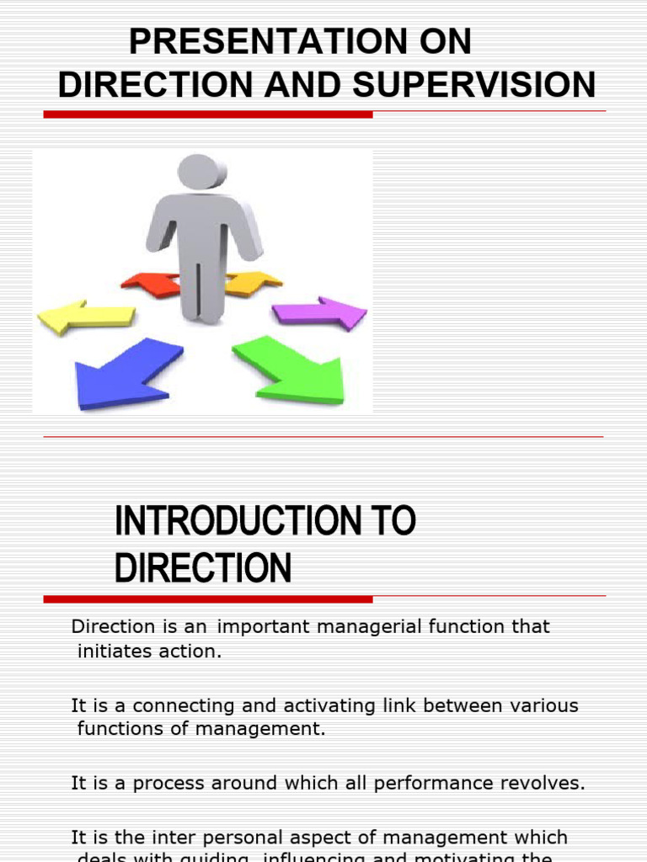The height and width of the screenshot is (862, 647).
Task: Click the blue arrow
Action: coord(126,372)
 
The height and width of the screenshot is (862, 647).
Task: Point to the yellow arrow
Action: coord(85,316)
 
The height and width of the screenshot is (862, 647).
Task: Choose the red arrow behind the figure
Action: coord(152,284)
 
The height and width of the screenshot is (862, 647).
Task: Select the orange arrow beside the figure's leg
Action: coord(252,283)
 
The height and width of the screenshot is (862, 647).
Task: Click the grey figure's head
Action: coord(201,172)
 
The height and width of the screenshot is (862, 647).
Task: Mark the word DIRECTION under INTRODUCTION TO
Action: coord(203,569)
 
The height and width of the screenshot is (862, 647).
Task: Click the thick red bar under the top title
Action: coord(208,114)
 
